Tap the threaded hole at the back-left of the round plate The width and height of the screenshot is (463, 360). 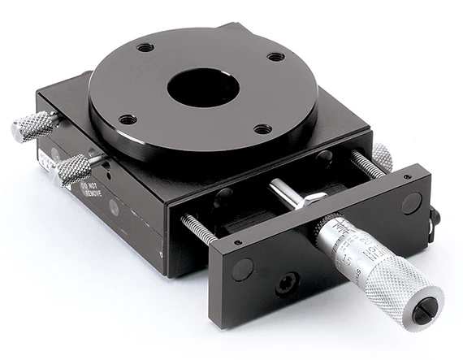click(145, 47)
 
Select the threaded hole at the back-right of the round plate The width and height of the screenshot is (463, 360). click(276, 57)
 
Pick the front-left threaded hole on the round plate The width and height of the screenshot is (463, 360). click(128, 119)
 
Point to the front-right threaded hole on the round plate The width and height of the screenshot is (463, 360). click(262, 128)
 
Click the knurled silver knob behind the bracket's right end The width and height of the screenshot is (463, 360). click(383, 156)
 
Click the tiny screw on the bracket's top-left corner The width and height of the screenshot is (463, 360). click(236, 241)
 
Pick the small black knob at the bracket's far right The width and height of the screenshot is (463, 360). click(435, 216)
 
